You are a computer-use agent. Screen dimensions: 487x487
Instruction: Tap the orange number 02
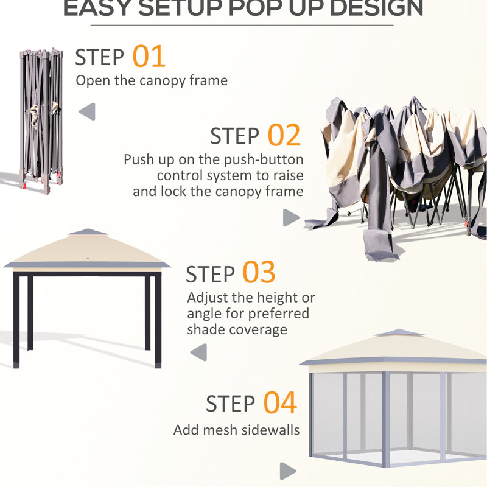coord(284,135)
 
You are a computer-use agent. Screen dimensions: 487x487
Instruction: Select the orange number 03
coord(259,273)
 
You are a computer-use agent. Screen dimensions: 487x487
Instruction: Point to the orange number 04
coord(280,403)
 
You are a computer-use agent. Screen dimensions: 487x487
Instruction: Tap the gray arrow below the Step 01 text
coord(87,111)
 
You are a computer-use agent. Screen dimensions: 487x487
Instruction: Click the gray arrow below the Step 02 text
coord(292,218)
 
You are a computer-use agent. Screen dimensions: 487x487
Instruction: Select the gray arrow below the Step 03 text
coord(198,352)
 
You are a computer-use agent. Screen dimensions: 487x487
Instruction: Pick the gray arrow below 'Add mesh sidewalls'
coord(288,471)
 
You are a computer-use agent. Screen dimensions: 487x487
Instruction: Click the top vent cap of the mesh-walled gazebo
coord(398,332)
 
